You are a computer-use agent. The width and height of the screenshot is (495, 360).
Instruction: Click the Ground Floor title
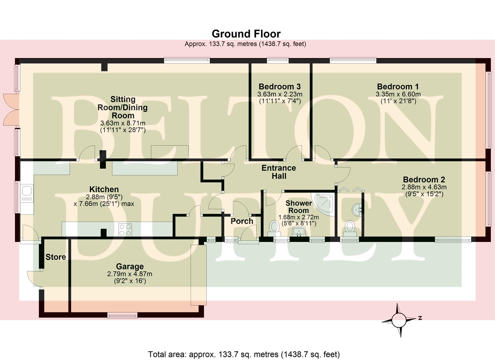tap(246, 34)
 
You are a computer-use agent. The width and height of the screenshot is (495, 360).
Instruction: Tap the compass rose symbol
tap(399, 320)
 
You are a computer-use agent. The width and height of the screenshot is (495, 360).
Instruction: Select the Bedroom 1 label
tap(398, 87)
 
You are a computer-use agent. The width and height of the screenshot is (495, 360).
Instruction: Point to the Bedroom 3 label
tap(280, 87)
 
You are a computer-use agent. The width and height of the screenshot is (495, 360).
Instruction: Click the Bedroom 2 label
tap(424, 180)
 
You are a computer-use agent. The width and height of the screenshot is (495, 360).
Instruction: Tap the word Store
tap(56, 257)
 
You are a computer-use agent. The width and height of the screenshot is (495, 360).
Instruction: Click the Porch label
tap(242, 221)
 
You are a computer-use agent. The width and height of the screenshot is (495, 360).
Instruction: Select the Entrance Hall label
tap(279, 172)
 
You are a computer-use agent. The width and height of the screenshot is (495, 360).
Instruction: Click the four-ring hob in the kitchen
tap(125, 230)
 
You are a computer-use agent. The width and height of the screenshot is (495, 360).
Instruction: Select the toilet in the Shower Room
tap(274, 227)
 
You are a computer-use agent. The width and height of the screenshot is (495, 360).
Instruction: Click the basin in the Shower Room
tap(300, 231)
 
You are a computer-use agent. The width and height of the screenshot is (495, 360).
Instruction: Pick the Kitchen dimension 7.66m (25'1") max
tap(104, 204)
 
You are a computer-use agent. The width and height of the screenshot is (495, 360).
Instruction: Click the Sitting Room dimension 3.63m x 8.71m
tap(123, 123)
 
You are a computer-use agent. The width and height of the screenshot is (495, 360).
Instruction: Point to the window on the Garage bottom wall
tap(122, 315)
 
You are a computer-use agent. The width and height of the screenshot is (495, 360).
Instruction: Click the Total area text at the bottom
tap(244, 355)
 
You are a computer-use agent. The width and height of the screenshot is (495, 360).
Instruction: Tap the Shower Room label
tap(299, 207)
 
